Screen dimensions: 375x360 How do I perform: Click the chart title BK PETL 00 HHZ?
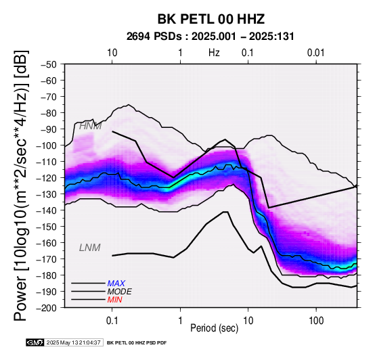[x=211, y=19]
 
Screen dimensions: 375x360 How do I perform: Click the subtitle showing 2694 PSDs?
[x=210, y=37]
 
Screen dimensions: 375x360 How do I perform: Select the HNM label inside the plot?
[x=90, y=126]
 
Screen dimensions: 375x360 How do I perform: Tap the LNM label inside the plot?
[x=89, y=248]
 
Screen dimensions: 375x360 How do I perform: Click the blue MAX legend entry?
[x=116, y=284]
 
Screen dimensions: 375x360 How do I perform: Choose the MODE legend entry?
[x=119, y=292]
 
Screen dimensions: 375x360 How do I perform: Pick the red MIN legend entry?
[x=114, y=300]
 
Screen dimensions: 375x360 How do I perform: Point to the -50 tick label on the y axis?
[x=49, y=64]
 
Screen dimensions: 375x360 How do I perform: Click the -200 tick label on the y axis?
[x=47, y=308]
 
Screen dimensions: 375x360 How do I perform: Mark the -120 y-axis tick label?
[x=47, y=178]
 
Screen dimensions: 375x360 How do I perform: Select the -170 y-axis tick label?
[x=47, y=259]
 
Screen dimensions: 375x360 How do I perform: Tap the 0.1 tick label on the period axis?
[x=112, y=320]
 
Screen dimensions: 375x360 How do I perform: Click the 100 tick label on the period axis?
[x=316, y=320]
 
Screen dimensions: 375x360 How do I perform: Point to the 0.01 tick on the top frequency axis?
[x=316, y=53]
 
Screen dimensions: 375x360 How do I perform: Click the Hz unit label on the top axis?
[x=214, y=53]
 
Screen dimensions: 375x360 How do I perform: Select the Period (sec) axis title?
[x=215, y=328]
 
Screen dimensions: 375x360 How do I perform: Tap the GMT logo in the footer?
[x=35, y=342]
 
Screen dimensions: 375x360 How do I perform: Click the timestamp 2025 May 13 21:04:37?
[x=74, y=343]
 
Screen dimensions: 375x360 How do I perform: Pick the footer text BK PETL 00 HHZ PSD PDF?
[x=137, y=343]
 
